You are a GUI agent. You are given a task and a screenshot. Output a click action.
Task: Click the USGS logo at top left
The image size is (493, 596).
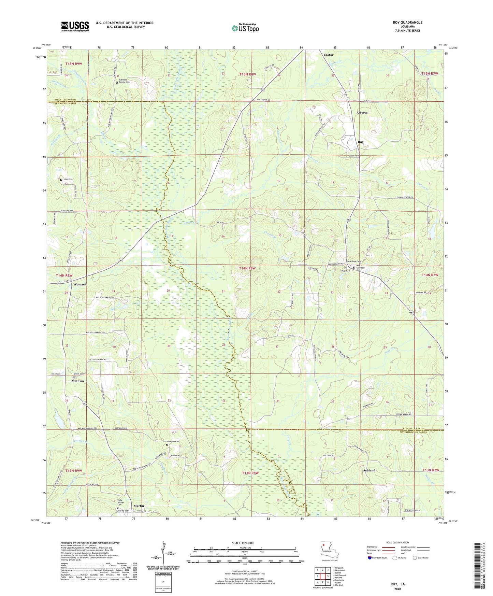(x=75, y=26)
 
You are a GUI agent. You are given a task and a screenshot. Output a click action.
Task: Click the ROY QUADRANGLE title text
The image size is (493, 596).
(x=407, y=23)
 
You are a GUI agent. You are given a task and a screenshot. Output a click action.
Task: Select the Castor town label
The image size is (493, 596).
(x=328, y=55)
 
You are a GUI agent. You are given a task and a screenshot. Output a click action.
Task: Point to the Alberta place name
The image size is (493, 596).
(x=362, y=112)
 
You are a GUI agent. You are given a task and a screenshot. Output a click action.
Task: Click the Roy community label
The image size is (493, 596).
(x=360, y=142)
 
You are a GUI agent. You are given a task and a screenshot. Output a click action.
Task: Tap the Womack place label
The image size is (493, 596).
(x=80, y=284)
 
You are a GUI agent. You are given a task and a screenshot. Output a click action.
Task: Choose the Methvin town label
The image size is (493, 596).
(x=78, y=381)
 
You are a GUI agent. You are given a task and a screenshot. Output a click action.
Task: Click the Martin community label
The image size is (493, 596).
(x=139, y=506)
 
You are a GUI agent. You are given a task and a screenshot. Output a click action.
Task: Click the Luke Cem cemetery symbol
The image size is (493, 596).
(x=61, y=180)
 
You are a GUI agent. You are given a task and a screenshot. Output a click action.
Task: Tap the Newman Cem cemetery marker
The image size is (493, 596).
(x=167, y=445)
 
